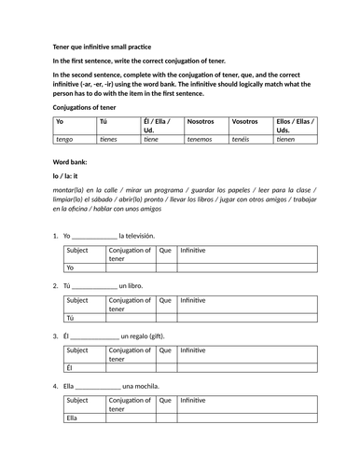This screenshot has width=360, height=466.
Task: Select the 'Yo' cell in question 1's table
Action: [71, 267]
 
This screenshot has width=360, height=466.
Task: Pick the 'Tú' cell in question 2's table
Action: [71, 318]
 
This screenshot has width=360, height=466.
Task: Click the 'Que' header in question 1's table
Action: [165, 250]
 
